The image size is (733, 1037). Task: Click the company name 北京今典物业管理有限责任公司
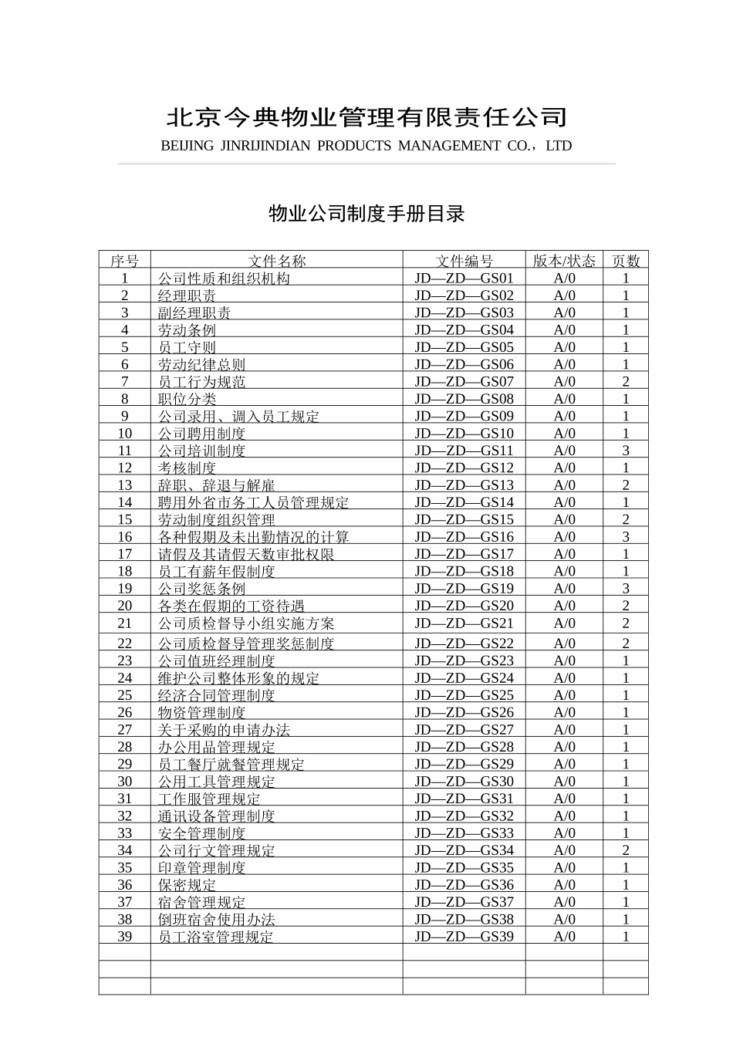366,117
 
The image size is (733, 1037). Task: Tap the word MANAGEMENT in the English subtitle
450,146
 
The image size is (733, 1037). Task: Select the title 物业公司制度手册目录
366,214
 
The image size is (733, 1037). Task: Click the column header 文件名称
276,261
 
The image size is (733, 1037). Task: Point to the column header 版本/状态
564,261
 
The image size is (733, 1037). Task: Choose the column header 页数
626,261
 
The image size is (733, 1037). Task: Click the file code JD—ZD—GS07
464,381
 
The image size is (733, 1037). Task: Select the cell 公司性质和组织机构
224,279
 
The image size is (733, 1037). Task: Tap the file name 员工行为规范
202,381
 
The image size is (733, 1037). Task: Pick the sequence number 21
125,623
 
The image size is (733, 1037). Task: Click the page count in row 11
626,451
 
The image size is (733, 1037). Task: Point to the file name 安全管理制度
202,833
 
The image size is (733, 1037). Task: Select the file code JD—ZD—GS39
464,937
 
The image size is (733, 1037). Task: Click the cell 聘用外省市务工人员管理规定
253,502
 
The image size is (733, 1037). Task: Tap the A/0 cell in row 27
564,730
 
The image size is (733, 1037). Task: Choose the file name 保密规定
187,885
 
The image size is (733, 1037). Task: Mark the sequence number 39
125,937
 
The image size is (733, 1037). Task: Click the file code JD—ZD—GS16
464,537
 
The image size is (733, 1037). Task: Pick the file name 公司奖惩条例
202,589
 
